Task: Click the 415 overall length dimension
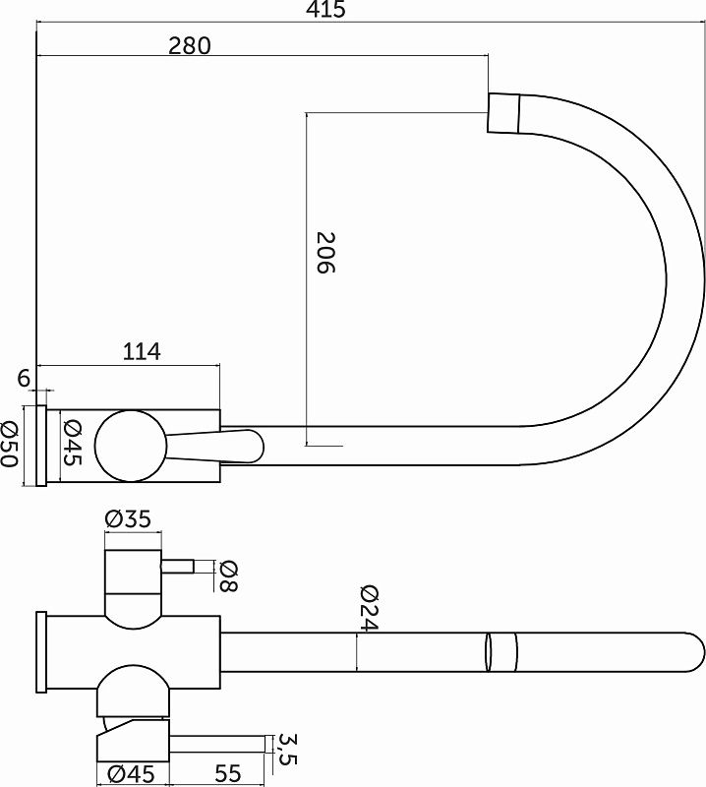[326, 10]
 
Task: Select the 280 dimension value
[190, 45]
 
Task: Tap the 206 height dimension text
[325, 253]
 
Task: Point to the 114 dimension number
[142, 351]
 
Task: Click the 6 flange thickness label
[24, 378]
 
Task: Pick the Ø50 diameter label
[9, 444]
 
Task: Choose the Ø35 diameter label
[128, 519]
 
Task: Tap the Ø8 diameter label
[229, 576]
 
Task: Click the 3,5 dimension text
[287, 750]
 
